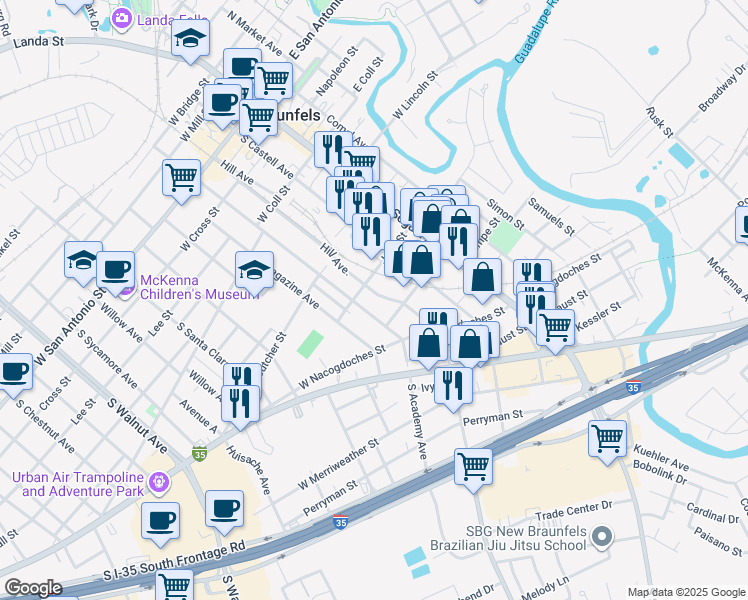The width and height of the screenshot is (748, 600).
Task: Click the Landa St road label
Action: pyautogui.click(x=37, y=42)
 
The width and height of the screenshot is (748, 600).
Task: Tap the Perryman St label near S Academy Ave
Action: pyautogui.click(x=492, y=413)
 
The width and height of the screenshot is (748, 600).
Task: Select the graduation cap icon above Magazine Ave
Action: pyautogui.click(x=254, y=269)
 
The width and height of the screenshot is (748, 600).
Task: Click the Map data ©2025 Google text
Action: pyautogui.click(x=686, y=592)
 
